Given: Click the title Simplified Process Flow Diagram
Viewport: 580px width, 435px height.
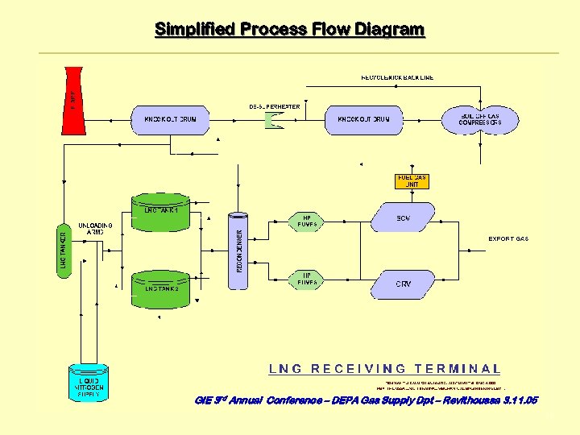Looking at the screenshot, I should [x=289, y=30].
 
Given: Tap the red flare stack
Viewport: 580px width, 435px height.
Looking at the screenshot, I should [x=73, y=99].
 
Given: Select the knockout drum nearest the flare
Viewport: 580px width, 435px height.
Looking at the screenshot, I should [x=170, y=119].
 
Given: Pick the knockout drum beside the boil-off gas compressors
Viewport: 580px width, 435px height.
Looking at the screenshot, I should [x=363, y=119].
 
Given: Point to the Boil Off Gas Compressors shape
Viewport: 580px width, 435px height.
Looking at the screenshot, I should [x=480, y=120].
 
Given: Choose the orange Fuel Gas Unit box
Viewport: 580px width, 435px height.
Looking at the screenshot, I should [x=412, y=180].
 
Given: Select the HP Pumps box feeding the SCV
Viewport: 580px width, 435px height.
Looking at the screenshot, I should [x=307, y=222].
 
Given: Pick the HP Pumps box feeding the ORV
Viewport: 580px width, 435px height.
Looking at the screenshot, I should [x=307, y=279].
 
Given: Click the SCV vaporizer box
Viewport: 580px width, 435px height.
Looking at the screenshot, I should [x=403, y=217].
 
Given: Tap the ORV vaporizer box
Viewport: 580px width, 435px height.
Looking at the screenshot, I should [x=403, y=284].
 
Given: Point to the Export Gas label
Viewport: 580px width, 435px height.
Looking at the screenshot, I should [x=508, y=239].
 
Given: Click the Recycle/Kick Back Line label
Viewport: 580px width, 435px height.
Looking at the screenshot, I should [x=397, y=77].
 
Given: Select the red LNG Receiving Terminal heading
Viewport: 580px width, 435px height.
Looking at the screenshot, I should [x=384, y=369].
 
